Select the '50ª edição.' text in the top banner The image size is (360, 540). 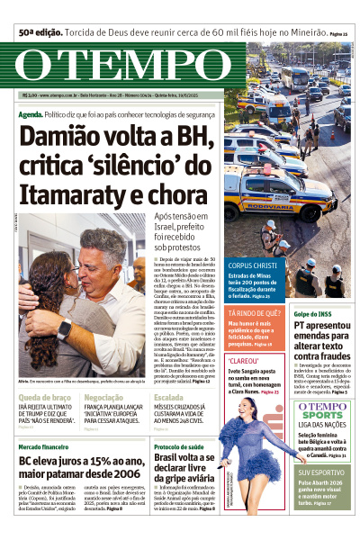[39, 32]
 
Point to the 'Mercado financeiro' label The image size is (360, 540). [43, 446]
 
